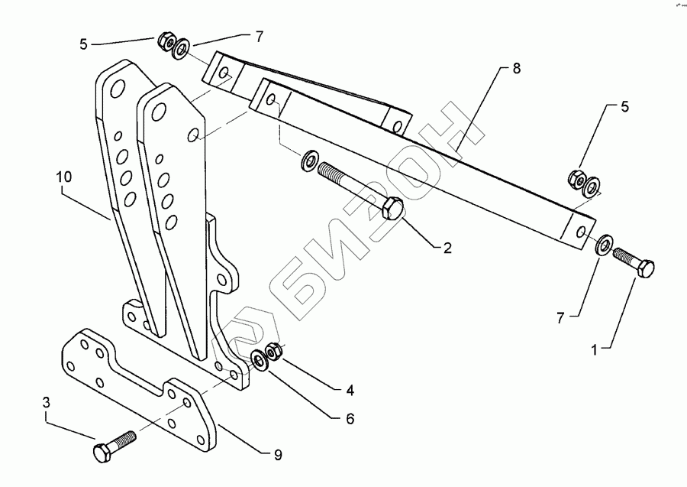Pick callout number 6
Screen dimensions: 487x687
pos(350,418)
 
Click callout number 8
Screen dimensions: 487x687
pos(516,70)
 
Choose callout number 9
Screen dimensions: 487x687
pos(277,455)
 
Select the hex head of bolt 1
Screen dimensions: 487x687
pos(645,269)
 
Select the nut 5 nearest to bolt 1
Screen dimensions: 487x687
pos(576,180)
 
